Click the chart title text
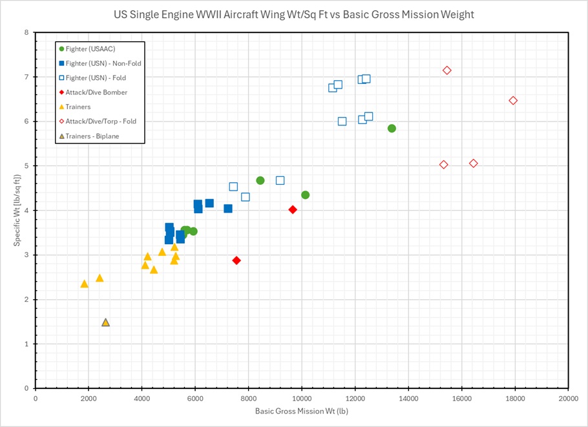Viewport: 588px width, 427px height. click(294, 14)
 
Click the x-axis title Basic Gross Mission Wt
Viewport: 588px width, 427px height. click(302, 410)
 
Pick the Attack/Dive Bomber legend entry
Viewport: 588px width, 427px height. click(96, 92)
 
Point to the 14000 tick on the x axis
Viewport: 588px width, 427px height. click(408, 399)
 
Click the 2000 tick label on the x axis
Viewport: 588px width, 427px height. click(89, 399)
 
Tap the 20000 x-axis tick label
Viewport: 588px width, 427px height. click(568, 399)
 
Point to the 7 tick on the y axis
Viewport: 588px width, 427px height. click(25, 77)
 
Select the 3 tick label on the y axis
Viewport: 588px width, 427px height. click(25, 255)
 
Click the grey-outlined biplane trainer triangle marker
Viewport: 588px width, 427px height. click(105, 322)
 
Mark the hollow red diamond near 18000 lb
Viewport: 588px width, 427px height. click(513, 100)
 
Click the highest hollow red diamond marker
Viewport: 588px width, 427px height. click(446, 70)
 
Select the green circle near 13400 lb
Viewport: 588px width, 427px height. click(392, 128)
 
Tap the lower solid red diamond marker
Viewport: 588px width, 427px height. click(236, 260)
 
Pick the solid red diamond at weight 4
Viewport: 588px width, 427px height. click(293, 209)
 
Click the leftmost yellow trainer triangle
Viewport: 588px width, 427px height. click(84, 284)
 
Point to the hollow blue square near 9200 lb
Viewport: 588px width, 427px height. click(280, 180)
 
